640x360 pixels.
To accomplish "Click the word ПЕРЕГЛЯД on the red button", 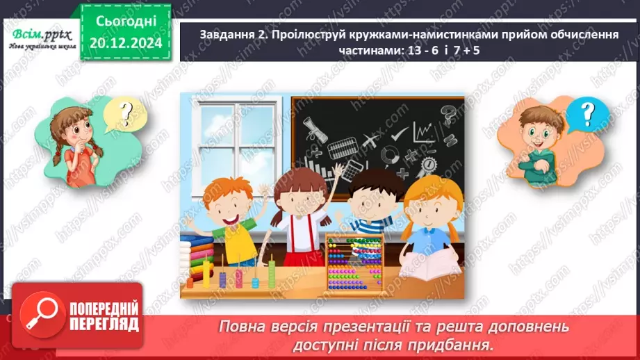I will click(103, 324).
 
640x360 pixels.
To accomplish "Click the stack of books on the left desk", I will click(197, 250).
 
